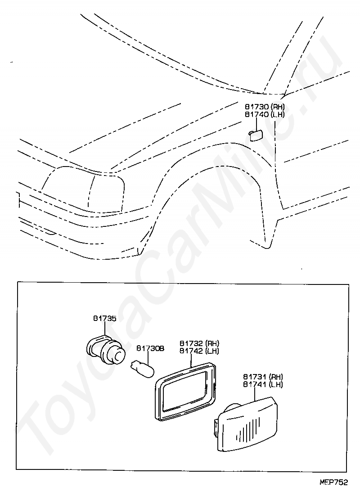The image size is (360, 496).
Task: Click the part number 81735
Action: point(105,319)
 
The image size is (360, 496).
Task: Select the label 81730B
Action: point(150,348)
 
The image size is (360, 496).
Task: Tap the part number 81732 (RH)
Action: point(199,343)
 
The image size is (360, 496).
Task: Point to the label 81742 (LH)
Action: point(199,351)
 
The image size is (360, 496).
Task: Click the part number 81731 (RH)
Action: point(263,377)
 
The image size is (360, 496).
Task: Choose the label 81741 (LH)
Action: point(263,384)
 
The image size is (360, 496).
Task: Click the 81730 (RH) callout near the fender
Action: point(265,107)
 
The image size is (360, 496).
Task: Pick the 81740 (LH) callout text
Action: point(265,114)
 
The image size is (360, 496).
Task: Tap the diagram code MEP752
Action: point(333,482)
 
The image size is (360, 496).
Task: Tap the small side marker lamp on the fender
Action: point(255,135)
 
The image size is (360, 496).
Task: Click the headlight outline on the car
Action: point(83,189)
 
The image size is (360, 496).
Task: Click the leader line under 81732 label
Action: point(192,361)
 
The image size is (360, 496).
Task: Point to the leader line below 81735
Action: point(105,329)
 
